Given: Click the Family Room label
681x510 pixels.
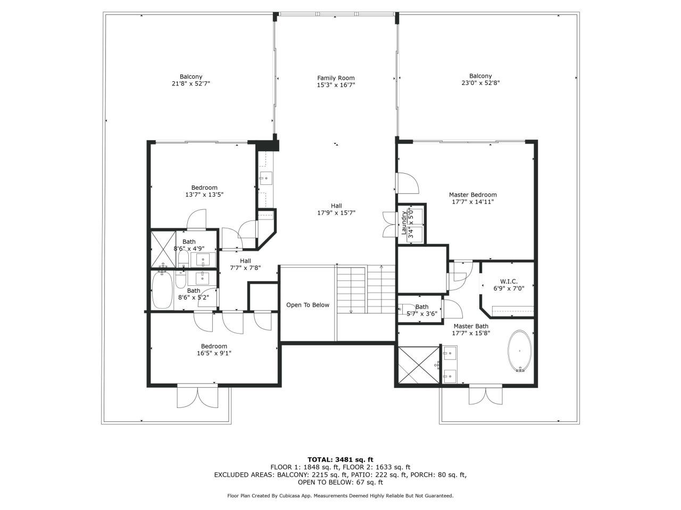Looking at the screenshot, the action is [x=336, y=78].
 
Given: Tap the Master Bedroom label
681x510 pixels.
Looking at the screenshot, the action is [x=472, y=195].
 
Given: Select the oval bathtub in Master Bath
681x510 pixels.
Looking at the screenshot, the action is [x=519, y=351].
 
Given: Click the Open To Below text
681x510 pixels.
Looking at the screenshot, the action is [x=308, y=305].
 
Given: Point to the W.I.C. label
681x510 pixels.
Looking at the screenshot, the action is [x=509, y=282].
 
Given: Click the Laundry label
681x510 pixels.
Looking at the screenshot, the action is [x=404, y=223].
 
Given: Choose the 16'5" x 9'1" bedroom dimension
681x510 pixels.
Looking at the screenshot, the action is [x=214, y=353].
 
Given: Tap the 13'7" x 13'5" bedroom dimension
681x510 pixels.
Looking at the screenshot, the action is [x=204, y=195].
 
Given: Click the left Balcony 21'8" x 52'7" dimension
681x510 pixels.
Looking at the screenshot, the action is [x=191, y=83].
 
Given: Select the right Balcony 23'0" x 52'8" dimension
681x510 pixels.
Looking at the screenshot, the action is [x=480, y=83].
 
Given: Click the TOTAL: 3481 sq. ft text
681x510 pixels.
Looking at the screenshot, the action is [x=340, y=460].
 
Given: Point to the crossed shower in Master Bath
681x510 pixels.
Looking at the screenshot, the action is [x=419, y=365].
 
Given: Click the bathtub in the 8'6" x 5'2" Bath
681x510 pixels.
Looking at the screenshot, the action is [x=162, y=290].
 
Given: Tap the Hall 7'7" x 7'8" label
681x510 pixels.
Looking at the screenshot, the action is [x=245, y=265].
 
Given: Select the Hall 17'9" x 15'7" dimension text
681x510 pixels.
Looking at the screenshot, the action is [x=336, y=213].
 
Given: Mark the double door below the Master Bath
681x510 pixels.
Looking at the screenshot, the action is [x=485, y=395].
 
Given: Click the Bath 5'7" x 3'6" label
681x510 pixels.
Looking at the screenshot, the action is [x=421, y=310].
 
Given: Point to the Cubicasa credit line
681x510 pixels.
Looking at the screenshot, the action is [x=340, y=496].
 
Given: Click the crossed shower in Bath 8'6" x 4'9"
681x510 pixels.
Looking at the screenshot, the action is [x=163, y=249].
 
